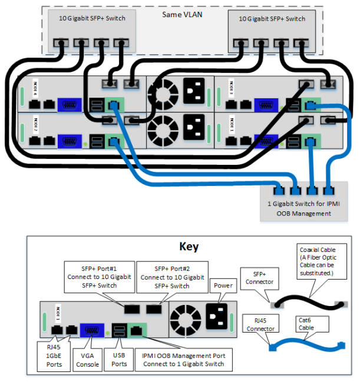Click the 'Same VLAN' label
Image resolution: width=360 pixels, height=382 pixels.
(x=183, y=13)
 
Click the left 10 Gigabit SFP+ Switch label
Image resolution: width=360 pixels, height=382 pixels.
(x=92, y=19)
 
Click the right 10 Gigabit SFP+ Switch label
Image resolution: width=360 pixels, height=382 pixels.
(x=272, y=19)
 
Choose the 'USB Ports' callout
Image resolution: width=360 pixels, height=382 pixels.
(x=120, y=356)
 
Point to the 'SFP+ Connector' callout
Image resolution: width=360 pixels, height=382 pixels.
(x=260, y=278)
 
